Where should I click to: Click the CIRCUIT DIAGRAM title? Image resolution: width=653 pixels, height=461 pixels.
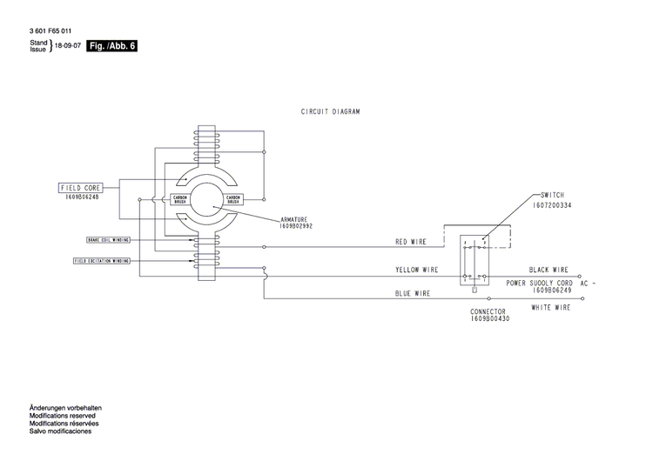point(330,111)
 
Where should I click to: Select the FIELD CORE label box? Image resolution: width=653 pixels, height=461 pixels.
point(80,187)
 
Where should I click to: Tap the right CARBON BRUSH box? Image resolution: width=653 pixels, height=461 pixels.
point(233,199)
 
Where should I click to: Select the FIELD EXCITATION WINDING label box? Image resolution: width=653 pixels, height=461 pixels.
point(102,260)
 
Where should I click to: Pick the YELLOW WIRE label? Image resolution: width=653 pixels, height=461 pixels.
point(416,271)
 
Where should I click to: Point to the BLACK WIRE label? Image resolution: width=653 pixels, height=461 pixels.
point(549,271)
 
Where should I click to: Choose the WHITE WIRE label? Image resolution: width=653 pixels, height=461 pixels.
point(550,307)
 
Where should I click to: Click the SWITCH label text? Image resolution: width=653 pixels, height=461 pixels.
point(554,196)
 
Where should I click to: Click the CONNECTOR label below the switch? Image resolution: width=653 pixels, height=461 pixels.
point(488,311)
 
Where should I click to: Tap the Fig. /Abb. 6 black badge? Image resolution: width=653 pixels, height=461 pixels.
point(112,46)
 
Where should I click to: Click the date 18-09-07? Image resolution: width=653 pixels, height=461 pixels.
point(68,46)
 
